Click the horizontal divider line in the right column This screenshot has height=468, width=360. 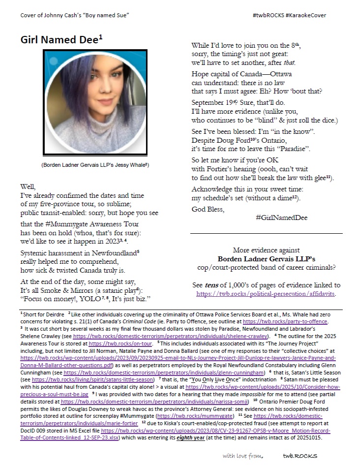pyautogui.click(x=266, y=233)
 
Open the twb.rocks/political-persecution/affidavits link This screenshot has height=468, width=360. pyautogui.click(x=266, y=294)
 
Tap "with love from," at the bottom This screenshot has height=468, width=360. pyautogui.click(x=243, y=456)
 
